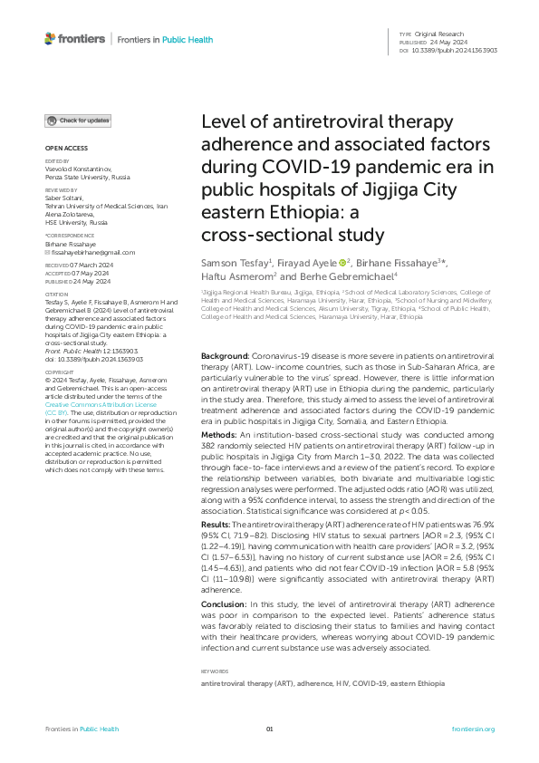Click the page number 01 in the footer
pyautogui.click(x=269, y=729)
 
